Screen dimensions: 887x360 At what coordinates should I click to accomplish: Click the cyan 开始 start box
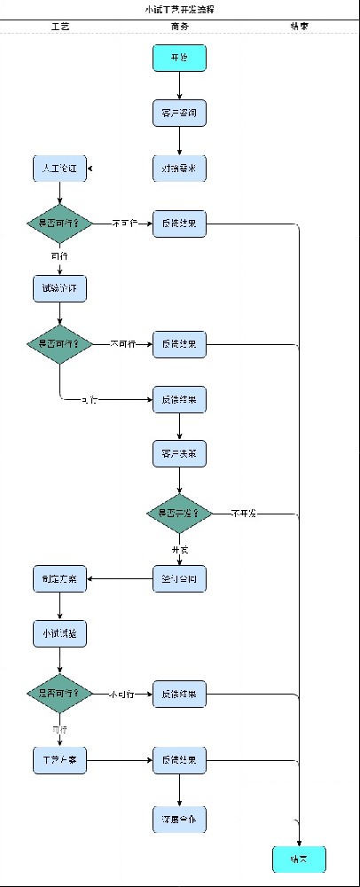(x=179, y=58)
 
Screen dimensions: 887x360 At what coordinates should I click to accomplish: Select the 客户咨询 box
(x=179, y=114)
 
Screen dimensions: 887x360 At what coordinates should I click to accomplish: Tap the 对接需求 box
(x=179, y=169)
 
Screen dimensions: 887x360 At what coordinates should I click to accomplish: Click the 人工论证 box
(x=59, y=169)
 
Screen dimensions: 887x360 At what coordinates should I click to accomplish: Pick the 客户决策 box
(x=179, y=454)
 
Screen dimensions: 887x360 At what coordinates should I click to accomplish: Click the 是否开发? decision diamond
(x=179, y=514)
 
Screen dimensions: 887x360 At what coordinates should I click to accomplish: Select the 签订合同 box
(x=179, y=579)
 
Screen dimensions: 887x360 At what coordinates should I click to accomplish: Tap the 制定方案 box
(x=59, y=579)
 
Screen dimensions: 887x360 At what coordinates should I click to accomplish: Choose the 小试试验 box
(x=59, y=634)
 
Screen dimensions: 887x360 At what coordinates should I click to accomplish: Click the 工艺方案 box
(x=59, y=760)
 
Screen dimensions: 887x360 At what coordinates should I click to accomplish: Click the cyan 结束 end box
(x=299, y=859)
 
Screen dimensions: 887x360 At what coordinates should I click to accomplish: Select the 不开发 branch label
(x=243, y=514)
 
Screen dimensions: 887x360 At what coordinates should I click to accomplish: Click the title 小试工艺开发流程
(x=179, y=9)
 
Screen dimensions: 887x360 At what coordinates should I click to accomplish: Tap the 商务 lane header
(x=179, y=27)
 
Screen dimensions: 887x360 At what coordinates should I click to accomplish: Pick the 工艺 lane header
(x=59, y=27)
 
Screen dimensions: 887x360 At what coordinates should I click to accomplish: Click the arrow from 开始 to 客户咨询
(x=179, y=85)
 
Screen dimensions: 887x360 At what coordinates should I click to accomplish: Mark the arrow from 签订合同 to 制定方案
(x=120, y=579)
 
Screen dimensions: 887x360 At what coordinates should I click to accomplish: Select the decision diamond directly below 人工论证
(x=59, y=224)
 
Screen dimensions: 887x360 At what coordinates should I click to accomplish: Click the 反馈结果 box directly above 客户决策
(x=179, y=399)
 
